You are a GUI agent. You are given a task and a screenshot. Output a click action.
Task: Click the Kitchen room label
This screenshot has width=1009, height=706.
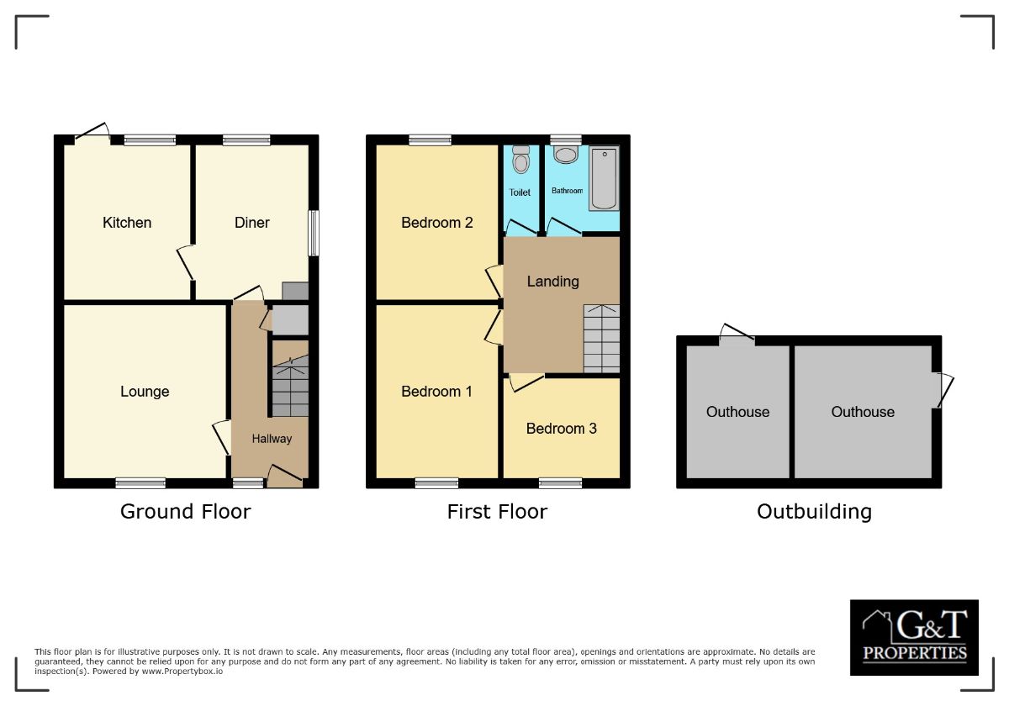click(x=127, y=223)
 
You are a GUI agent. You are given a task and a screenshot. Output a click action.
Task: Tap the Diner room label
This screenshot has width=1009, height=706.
click(x=252, y=223)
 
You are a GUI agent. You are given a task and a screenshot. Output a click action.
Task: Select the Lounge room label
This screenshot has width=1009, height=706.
click(x=145, y=392)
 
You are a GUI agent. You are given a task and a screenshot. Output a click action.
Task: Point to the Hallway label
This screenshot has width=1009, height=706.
click(x=272, y=439)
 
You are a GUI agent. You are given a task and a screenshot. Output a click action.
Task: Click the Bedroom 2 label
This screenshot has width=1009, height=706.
click(x=437, y=223)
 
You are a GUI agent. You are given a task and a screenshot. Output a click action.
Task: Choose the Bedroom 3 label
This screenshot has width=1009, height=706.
click(x=562, y=429)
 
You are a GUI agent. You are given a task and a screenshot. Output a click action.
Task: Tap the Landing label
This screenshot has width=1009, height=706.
click(x=553, y=282)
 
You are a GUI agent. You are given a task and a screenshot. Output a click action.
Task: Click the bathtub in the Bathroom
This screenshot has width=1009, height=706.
click(x=604, y=177)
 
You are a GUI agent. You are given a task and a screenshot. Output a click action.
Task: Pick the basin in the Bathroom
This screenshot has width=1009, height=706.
click(x=566, y=155)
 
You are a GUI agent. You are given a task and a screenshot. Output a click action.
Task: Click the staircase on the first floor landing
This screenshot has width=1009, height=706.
click(x=601, y=338)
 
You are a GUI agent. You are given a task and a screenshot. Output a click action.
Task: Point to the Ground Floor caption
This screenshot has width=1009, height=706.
click(x=186, y=511)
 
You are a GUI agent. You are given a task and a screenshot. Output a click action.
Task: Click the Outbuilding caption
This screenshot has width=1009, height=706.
click(x=814, y=511)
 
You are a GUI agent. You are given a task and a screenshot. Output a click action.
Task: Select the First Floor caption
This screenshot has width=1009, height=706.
click(x=497, y=511)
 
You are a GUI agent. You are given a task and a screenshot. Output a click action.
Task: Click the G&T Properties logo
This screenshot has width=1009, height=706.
click(x=914, y=637)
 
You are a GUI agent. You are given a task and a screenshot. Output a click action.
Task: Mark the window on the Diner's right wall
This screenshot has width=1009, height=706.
click(x=314, y=233)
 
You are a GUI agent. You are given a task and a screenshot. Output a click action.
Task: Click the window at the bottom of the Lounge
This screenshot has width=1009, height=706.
click(x=140, y=482)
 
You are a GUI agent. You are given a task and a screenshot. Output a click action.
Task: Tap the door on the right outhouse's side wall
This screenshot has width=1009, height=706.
click(x=944, y=391)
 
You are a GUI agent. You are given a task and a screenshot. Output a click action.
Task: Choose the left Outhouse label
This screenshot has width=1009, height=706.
click(x=737, y=412)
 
